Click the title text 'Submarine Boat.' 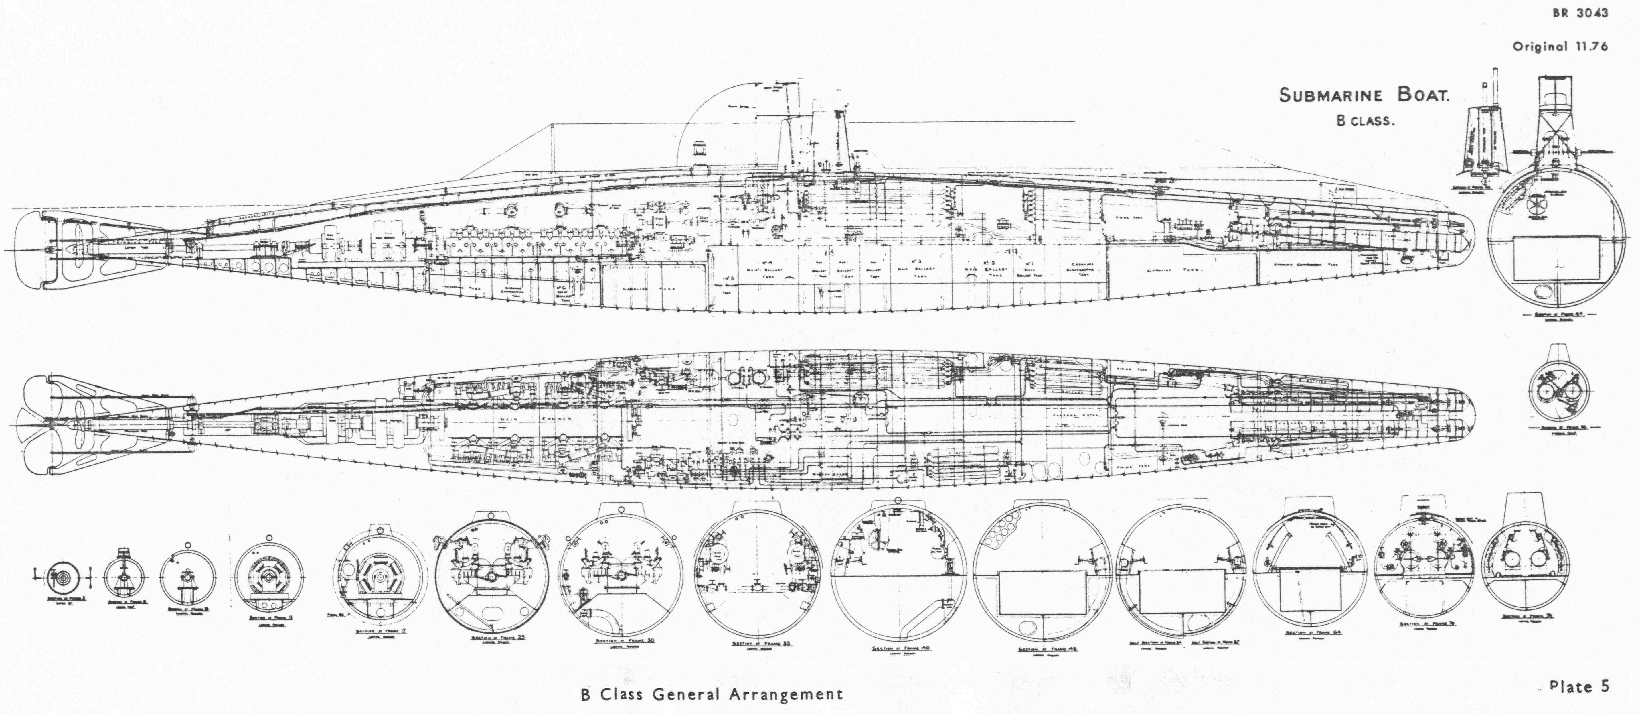[x=1364, y=96]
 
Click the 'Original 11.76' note [x=1560, y=46]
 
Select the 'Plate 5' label [x=1579, y=686]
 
